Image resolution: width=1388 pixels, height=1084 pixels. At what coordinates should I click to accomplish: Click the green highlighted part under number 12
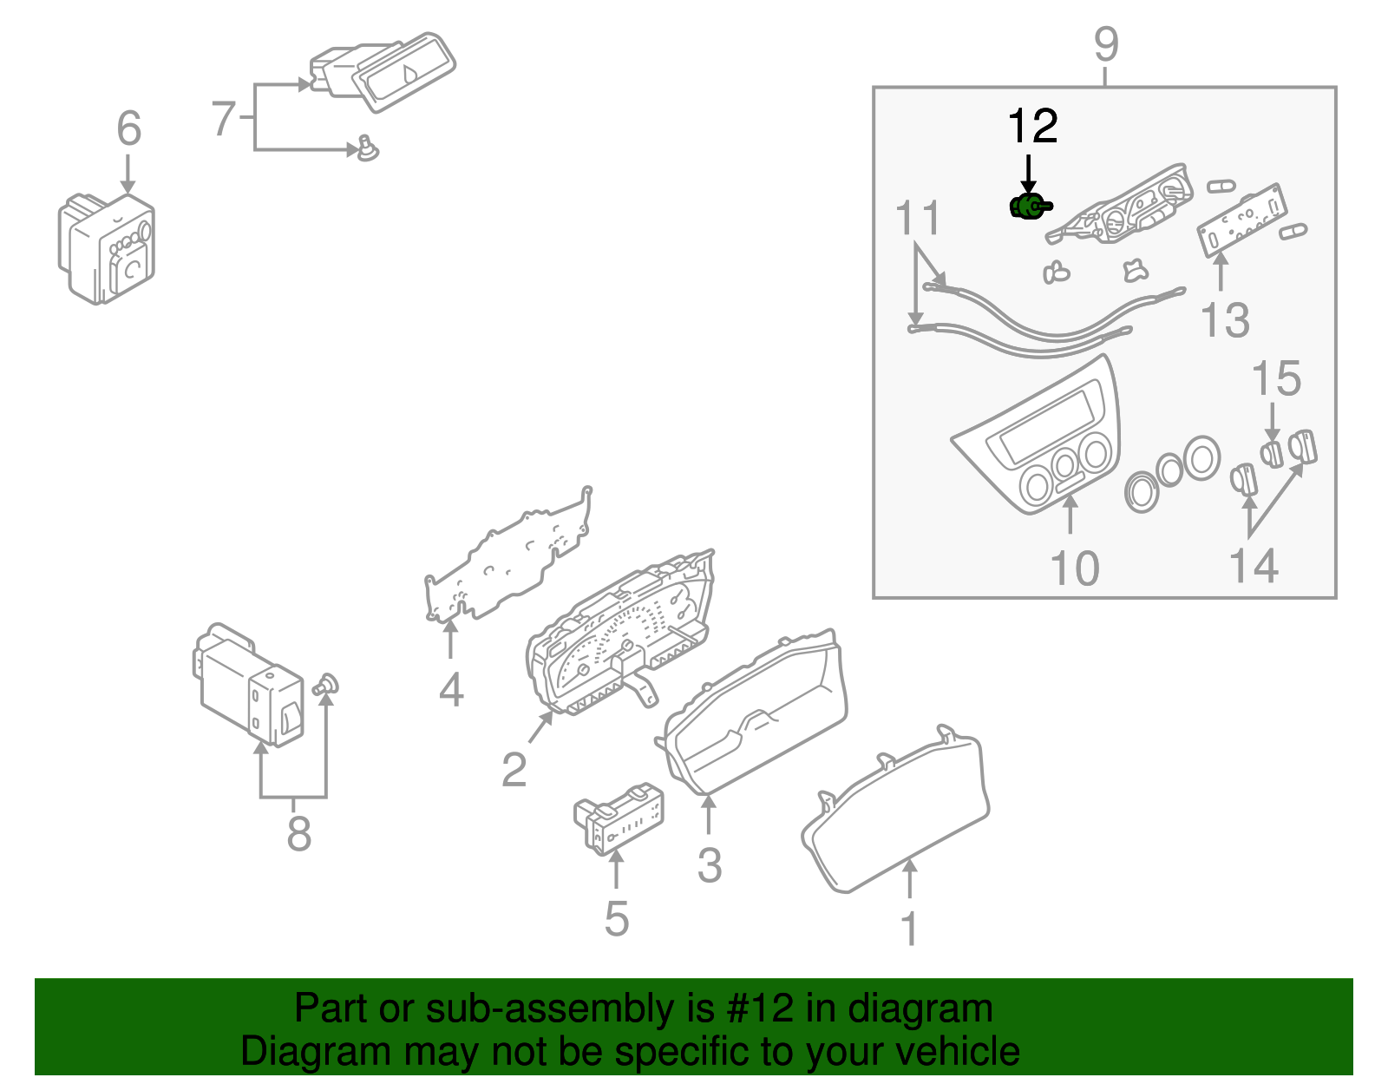1028,207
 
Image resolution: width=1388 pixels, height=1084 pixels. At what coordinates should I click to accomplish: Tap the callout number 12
1032,128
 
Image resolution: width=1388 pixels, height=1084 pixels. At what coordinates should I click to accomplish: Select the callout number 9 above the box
1106,44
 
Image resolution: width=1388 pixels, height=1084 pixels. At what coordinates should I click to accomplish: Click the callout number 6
128,129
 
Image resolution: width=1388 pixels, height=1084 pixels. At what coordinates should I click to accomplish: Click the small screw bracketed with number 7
368,148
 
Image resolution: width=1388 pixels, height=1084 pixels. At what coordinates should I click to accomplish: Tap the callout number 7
223,119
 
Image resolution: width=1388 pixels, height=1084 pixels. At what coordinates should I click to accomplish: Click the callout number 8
298,834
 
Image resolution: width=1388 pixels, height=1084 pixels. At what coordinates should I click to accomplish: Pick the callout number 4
451,691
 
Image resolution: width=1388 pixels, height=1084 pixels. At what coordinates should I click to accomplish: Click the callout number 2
514,770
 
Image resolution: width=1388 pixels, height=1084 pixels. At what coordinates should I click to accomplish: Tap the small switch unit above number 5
619,818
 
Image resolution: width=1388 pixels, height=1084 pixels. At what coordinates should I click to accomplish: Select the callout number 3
709,865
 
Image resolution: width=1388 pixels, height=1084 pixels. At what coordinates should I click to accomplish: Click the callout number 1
909,930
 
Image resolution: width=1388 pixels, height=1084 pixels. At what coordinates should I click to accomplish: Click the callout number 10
1074,569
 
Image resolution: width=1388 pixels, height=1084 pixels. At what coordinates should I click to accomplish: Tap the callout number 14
1254,567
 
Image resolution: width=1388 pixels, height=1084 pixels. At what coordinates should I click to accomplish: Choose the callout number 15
1276,379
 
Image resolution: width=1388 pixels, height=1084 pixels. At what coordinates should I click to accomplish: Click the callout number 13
1225,321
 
